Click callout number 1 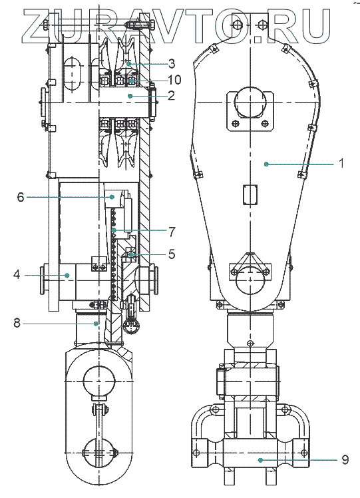[341, 164]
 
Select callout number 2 [172, 95]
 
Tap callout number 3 [172, 63]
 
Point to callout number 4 [17, 274]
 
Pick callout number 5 [172, 254]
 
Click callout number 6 [21, 197]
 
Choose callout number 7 [172, 232]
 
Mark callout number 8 [17, 324]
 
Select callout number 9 [345, 459]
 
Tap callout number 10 [174, 80]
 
